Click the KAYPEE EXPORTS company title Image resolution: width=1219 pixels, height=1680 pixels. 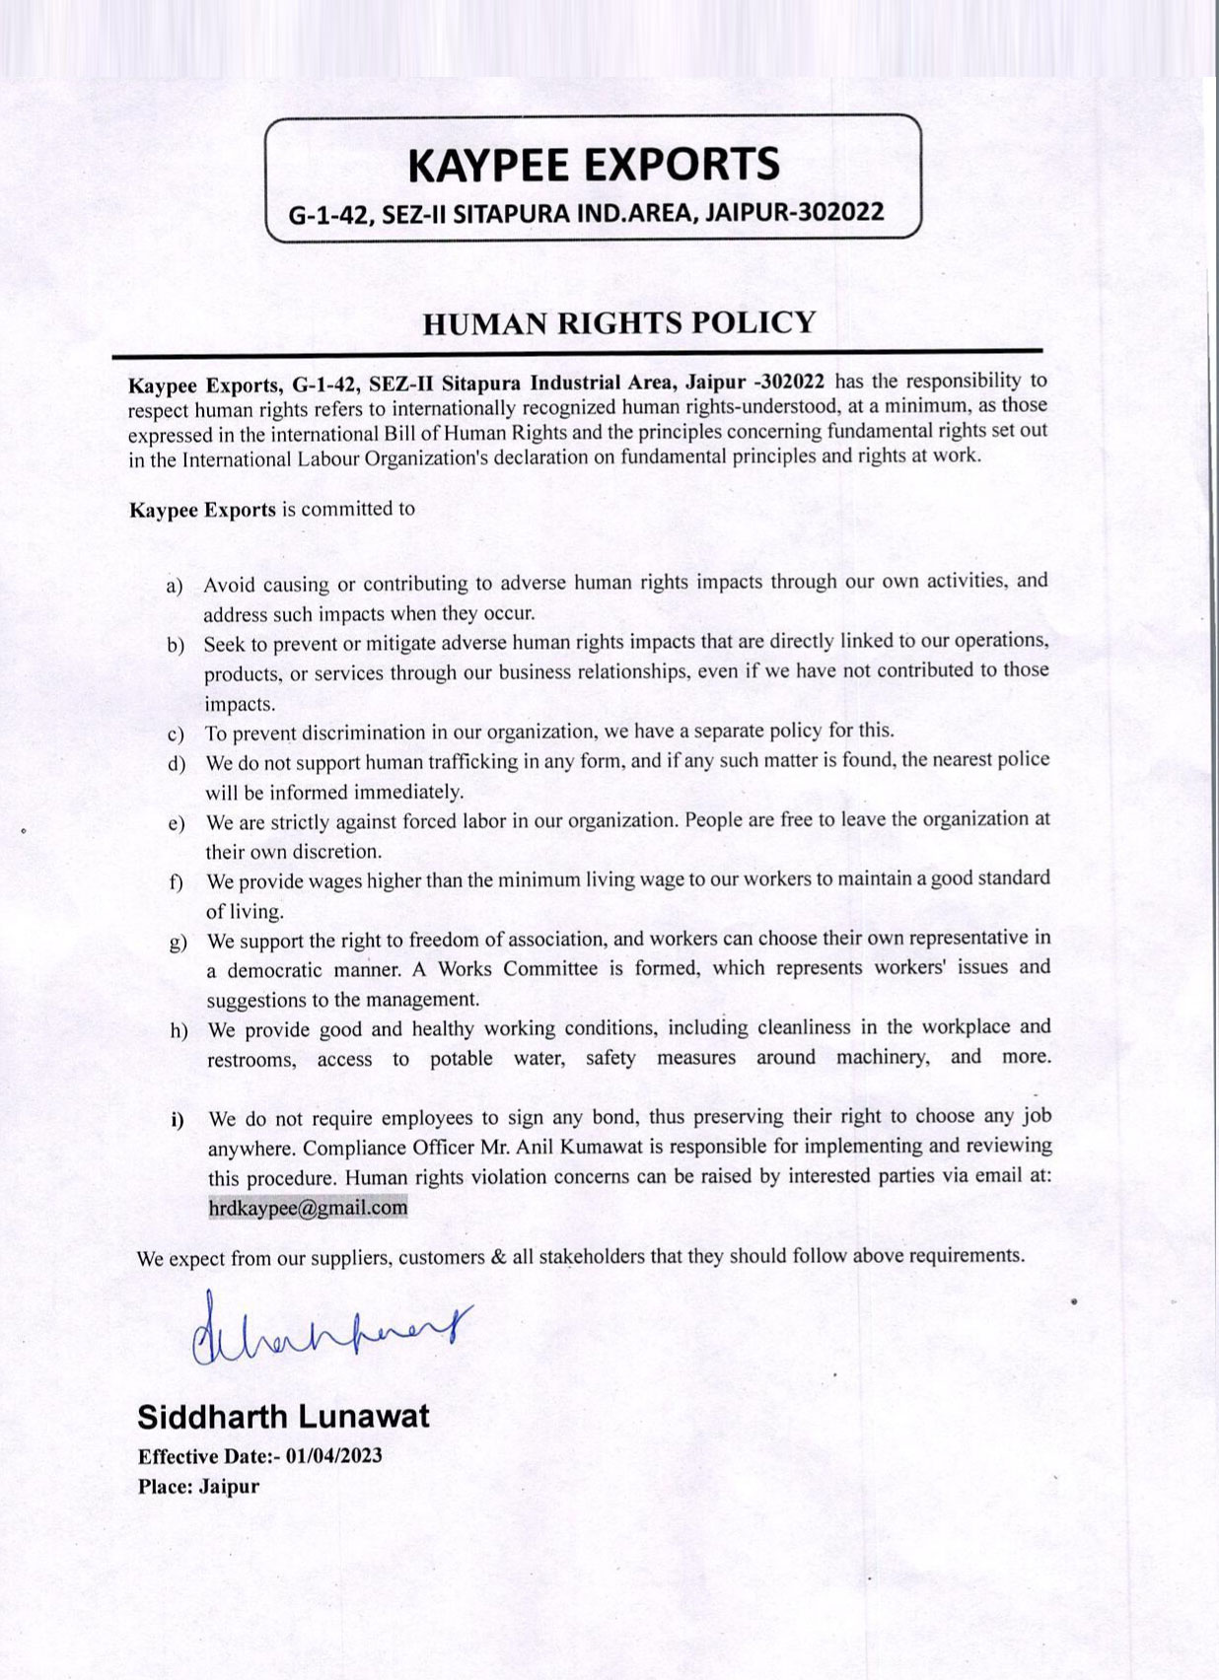[x=594, y=164]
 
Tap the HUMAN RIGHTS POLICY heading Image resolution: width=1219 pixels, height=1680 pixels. [x=618, y=323]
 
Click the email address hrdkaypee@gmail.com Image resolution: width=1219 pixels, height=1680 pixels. [x=308, y=1207]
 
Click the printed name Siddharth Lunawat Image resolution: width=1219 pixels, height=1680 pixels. [x=283, y=1417]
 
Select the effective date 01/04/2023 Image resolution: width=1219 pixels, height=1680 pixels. [x=333, y=1456]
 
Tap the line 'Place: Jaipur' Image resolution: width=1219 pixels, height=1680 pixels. [x=198, y=1486]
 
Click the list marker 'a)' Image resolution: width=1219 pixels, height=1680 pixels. [x=175, y=587]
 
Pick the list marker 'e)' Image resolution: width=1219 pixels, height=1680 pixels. [x=177, y=823]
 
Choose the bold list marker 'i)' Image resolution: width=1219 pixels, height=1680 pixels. [x=178, y=1120]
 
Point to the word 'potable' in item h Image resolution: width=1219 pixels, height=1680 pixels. [x=461, y=1059]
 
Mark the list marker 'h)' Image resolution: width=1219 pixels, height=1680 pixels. [x=179, y=1031]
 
